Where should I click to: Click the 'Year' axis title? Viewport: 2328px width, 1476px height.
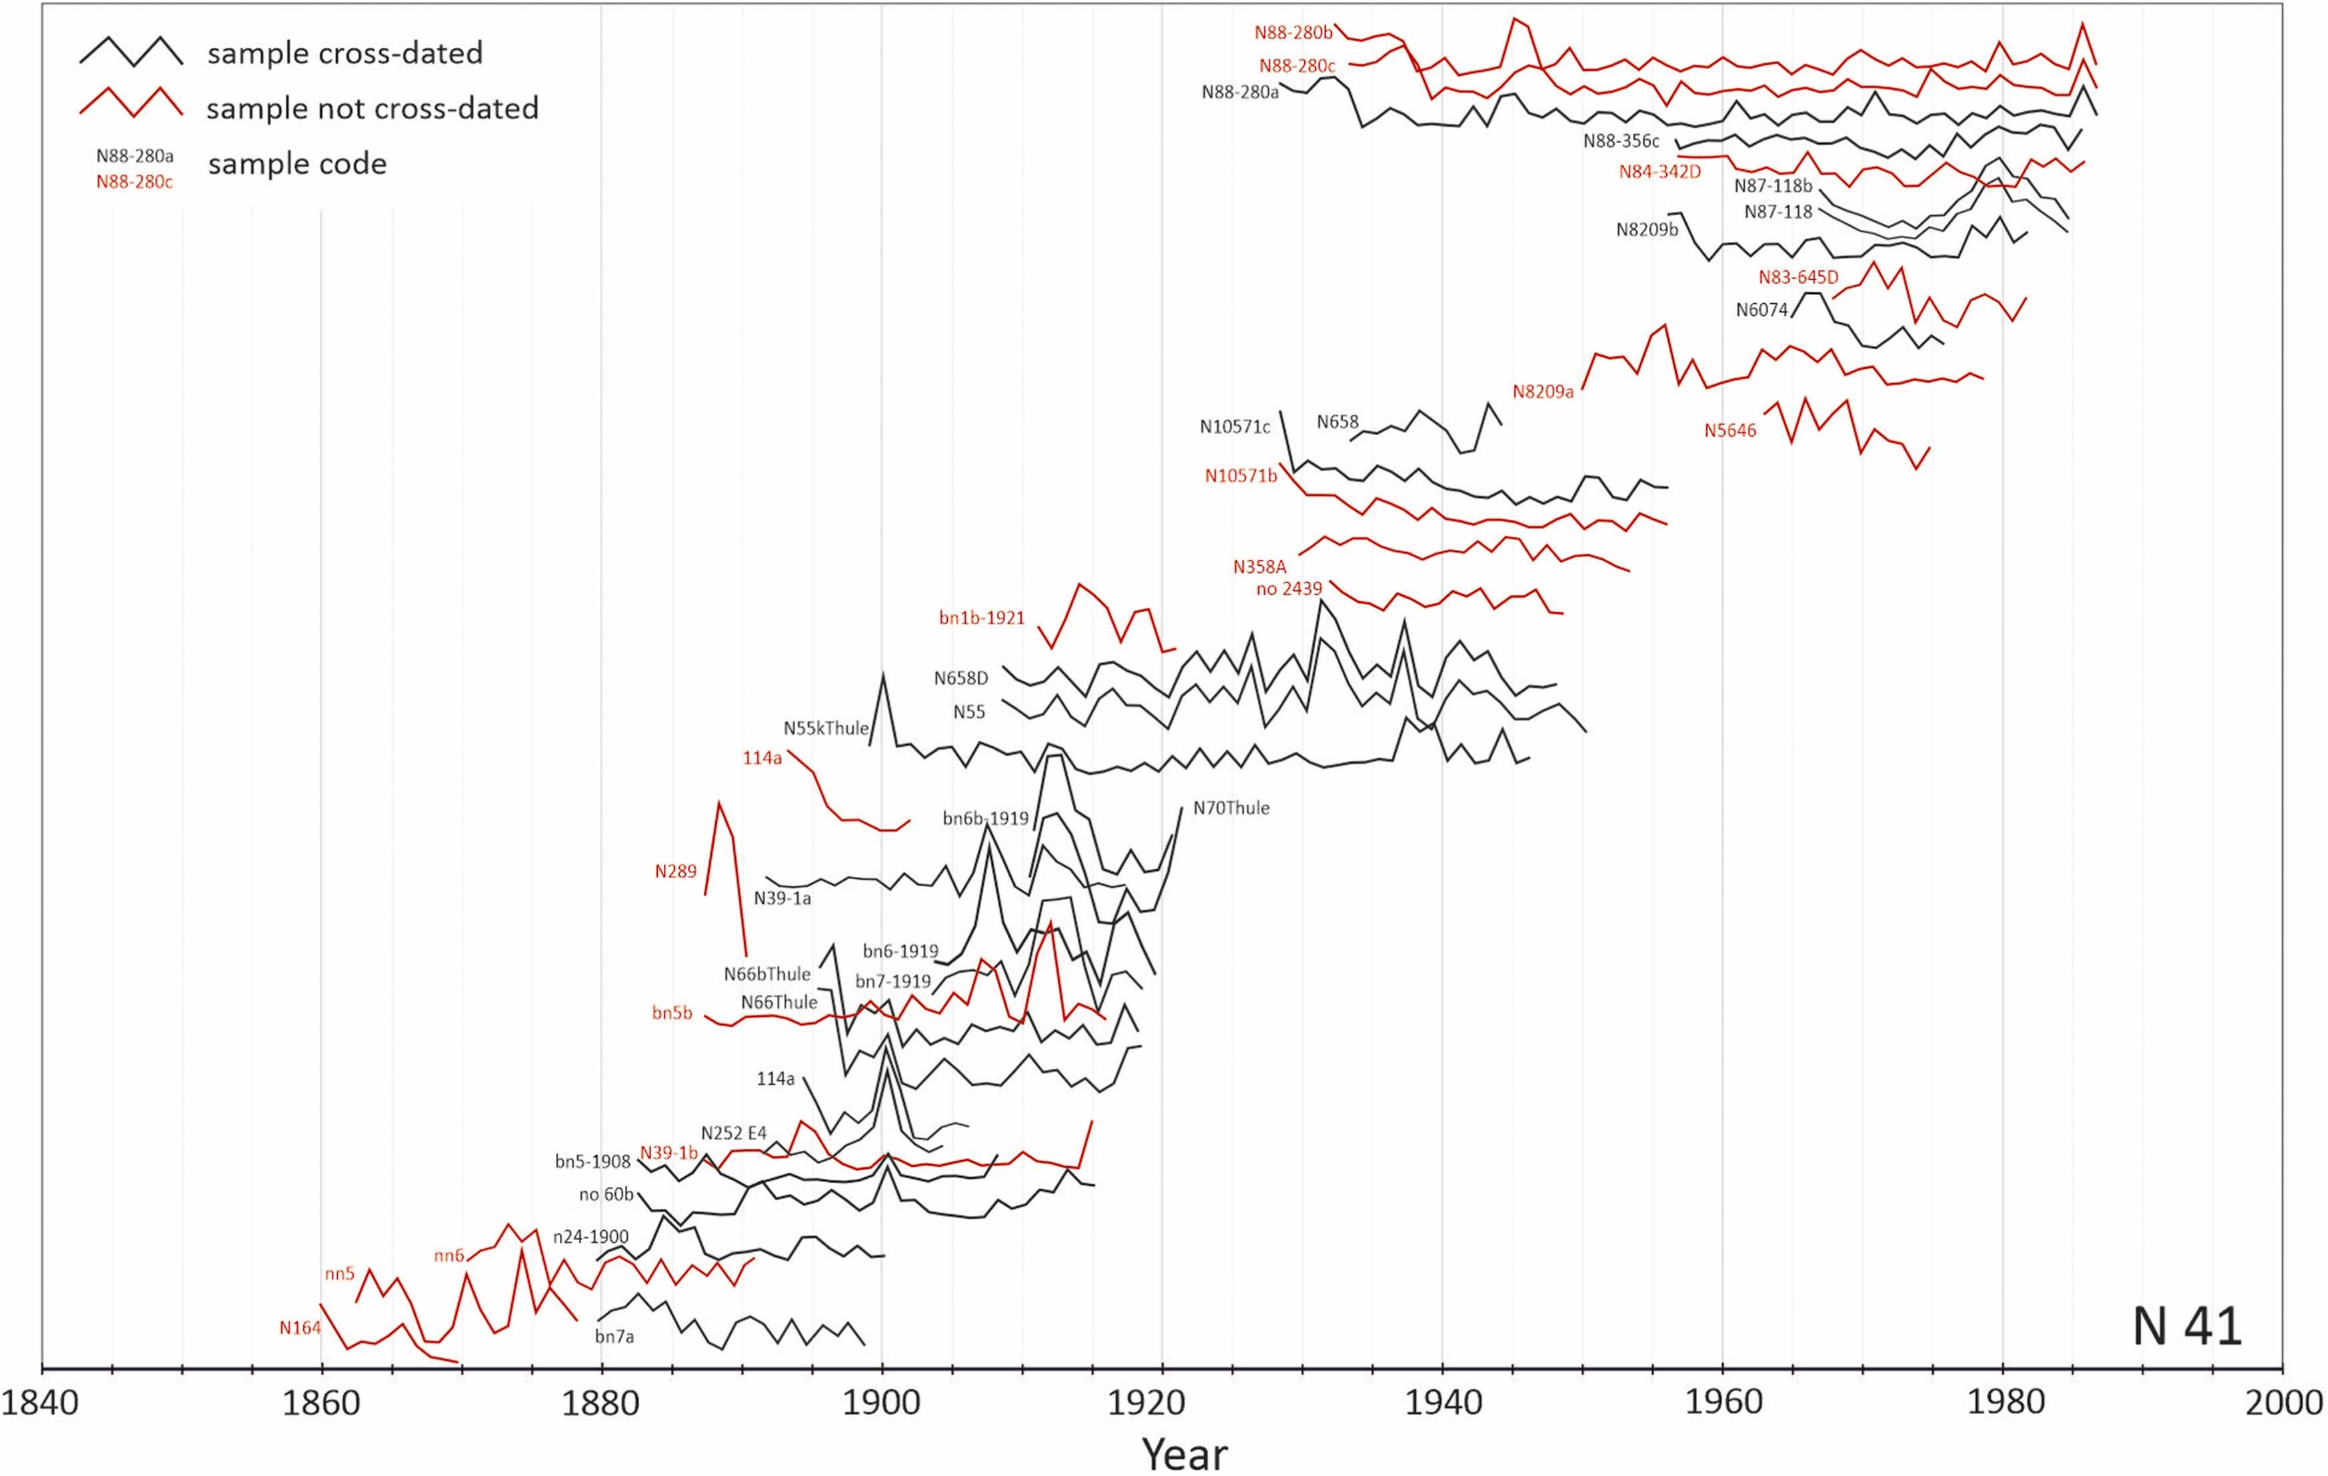click(x=1184, y=1453)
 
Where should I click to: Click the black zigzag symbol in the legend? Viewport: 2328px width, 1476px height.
click(x=131, y=52)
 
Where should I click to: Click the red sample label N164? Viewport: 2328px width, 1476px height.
click(x=300, y=1328)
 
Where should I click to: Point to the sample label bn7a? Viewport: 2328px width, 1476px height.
click(x=615, y=1337)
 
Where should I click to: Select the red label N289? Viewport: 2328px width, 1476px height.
click(x=675, y=871)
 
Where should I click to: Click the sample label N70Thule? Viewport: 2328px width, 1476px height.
click(x=1231, y=808)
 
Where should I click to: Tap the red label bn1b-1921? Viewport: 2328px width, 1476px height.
click(x=981, y=618)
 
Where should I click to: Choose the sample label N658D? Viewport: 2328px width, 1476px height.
click(x=961, y=678)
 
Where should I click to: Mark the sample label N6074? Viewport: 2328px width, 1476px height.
click(x=1761, y=311)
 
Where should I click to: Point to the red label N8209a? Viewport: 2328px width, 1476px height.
click(x=1543, y=391)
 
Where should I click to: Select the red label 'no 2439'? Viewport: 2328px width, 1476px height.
click(x=1289, y=588)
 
